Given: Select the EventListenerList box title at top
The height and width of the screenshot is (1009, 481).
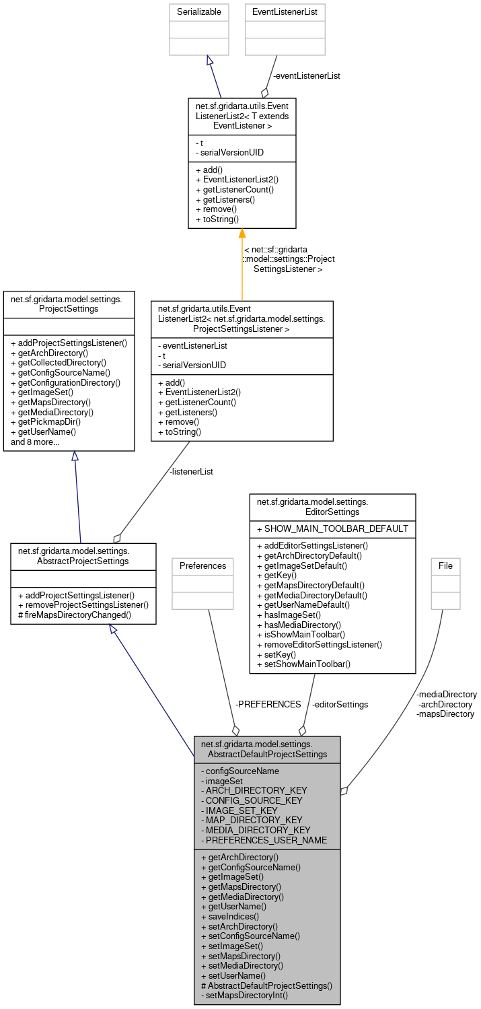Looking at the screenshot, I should click(285, 11).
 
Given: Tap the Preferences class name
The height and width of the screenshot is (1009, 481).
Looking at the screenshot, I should click(202, 565).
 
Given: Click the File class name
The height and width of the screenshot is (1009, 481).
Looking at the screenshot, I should click(445, 565).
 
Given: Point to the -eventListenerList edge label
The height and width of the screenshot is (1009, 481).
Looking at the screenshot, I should click(306, 75).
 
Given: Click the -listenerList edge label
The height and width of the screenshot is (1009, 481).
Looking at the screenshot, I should click(191, 471).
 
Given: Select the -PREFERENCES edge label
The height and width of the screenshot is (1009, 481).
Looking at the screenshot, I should click(268, 704).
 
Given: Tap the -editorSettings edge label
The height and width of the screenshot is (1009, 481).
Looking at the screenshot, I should click(340, 704).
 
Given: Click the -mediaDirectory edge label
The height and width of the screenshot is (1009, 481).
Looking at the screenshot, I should click(447, 694).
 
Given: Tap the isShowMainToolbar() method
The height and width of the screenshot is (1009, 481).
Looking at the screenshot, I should click(301, 634).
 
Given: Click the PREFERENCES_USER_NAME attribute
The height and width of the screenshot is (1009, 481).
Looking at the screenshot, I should click(264, 840).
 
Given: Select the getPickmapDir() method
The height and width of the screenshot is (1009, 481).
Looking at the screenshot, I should click(44, 422).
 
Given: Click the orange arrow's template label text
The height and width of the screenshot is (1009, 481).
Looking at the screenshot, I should click(289, 259).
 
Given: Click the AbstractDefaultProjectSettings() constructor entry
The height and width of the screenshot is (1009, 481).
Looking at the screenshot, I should click(266, 985).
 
